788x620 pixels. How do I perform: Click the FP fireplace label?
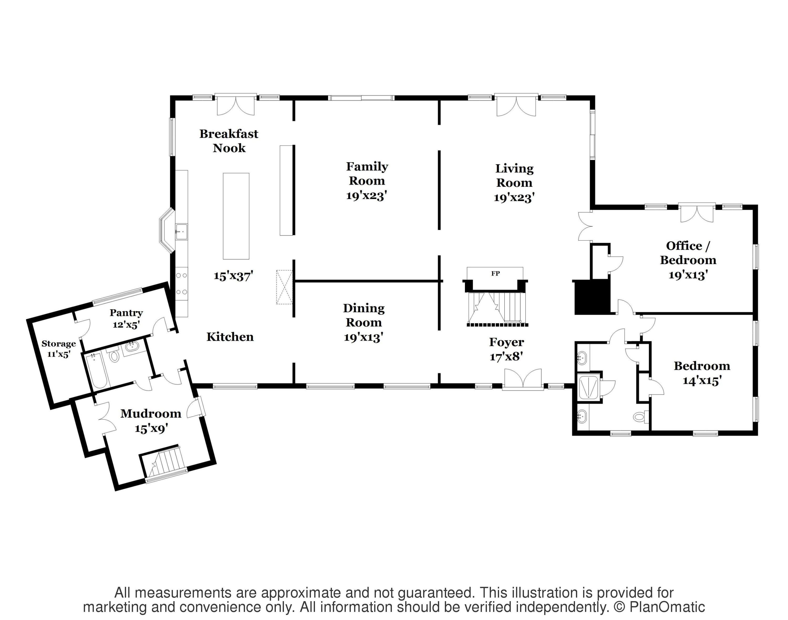point(495,274)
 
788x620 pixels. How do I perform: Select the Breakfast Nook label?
point(229,141)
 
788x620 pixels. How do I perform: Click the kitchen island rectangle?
point(236,216)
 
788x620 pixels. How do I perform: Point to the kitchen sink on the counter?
point(181,232)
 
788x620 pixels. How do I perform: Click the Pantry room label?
point(126,313)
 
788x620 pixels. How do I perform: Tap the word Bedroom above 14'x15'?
point(702,366)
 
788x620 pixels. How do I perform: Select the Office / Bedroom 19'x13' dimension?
point(688,275)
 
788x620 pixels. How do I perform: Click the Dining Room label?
point(364,315)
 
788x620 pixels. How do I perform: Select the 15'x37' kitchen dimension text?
point(233,276)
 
